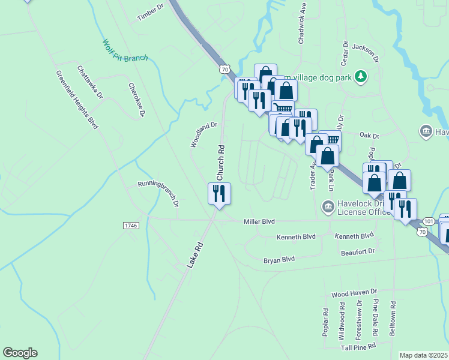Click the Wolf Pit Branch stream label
(x=125, y=52)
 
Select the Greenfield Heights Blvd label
(x=77, y=99)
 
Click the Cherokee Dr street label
(x=137, y=100)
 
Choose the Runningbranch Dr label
(x=158, y=192)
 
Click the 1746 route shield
(x=131, y=225)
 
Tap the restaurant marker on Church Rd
(x=218, y=194)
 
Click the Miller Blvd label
(x=259, y=221)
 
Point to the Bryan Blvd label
(x=280, y=259)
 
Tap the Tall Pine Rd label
(x=358, y=346)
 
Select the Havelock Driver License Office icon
(x=328, y=208)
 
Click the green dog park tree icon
(x=360, y=76)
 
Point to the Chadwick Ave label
(x=303, y=28)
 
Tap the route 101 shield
(x=428, y=221)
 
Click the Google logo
(x=20, y=353)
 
